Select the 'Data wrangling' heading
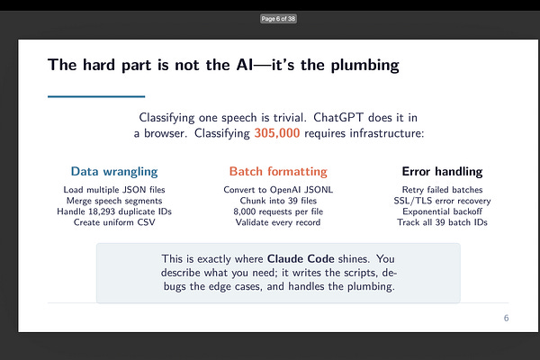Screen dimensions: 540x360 click(x=114, y=171)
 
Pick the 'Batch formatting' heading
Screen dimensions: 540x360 click(x=278, y=171)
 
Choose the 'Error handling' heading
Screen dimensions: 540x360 click(x=441, y=171)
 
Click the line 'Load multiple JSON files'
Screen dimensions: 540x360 click(x=114, y=190)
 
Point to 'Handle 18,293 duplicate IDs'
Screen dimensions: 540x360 click(x=114, y=211)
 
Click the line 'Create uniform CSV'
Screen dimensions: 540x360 click(x=114, y=222)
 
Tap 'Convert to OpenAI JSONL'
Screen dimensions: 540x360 click(x=278, y=190)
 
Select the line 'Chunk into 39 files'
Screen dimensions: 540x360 click(x=278, y=201)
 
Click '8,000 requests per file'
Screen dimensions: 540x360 click(x=278, y=211)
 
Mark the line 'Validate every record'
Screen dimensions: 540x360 click(x=278, y=222)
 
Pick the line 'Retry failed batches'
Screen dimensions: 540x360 click(x=441, y=190)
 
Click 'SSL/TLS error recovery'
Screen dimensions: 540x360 click(x=441, y=201)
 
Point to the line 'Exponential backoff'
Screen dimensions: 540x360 click(x=441, y=211)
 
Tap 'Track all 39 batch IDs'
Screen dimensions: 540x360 click(x=441, y=222)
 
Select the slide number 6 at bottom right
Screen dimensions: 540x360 click(x=506, y=319)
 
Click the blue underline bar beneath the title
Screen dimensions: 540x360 click(x=96, y=96)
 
